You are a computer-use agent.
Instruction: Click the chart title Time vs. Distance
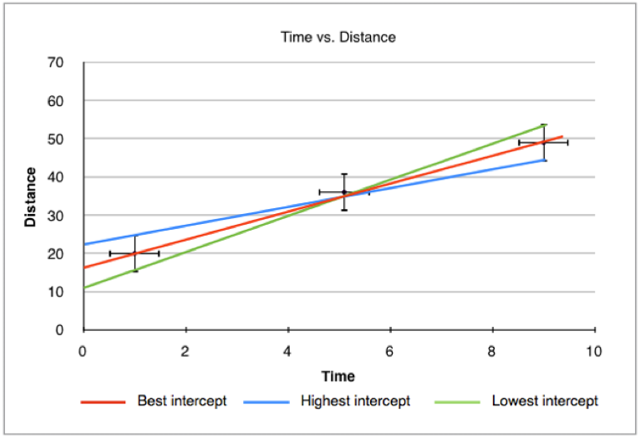pos(338,38)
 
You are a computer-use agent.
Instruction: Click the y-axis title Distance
pos(31,197)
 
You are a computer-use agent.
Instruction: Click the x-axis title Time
pos(338,376)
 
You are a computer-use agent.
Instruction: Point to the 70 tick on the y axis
pos(56,62)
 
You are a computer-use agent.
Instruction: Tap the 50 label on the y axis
pos(56,139)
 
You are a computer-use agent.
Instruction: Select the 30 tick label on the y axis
pos(56,216)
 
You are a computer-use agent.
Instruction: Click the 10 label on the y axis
pos(56,292)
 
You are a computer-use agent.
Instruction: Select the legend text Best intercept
pos(181,401)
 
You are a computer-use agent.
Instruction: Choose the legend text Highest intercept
pos(355,401)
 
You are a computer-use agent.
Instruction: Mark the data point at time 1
pos(135,253)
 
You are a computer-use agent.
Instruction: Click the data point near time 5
pos(344,192)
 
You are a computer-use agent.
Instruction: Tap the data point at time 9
pos(544,142)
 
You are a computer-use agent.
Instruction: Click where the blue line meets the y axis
pos(84,244)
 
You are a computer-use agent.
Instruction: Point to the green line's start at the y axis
pos(84,288)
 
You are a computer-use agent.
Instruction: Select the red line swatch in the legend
pos(103,402)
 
